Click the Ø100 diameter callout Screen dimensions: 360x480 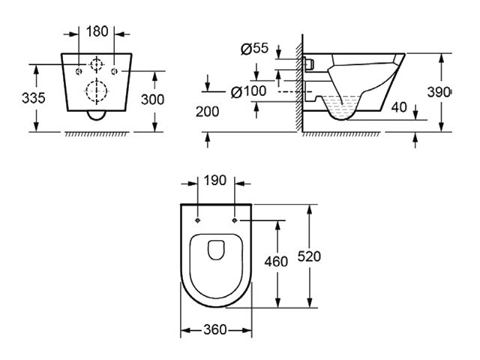coord(250,91)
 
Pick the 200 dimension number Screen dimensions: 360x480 coord(207,111)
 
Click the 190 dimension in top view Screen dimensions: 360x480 coord(215,181)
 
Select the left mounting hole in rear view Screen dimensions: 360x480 coord(79,70)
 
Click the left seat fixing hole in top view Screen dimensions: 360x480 coord(197,220)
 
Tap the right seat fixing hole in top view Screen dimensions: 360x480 coord(235,220)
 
